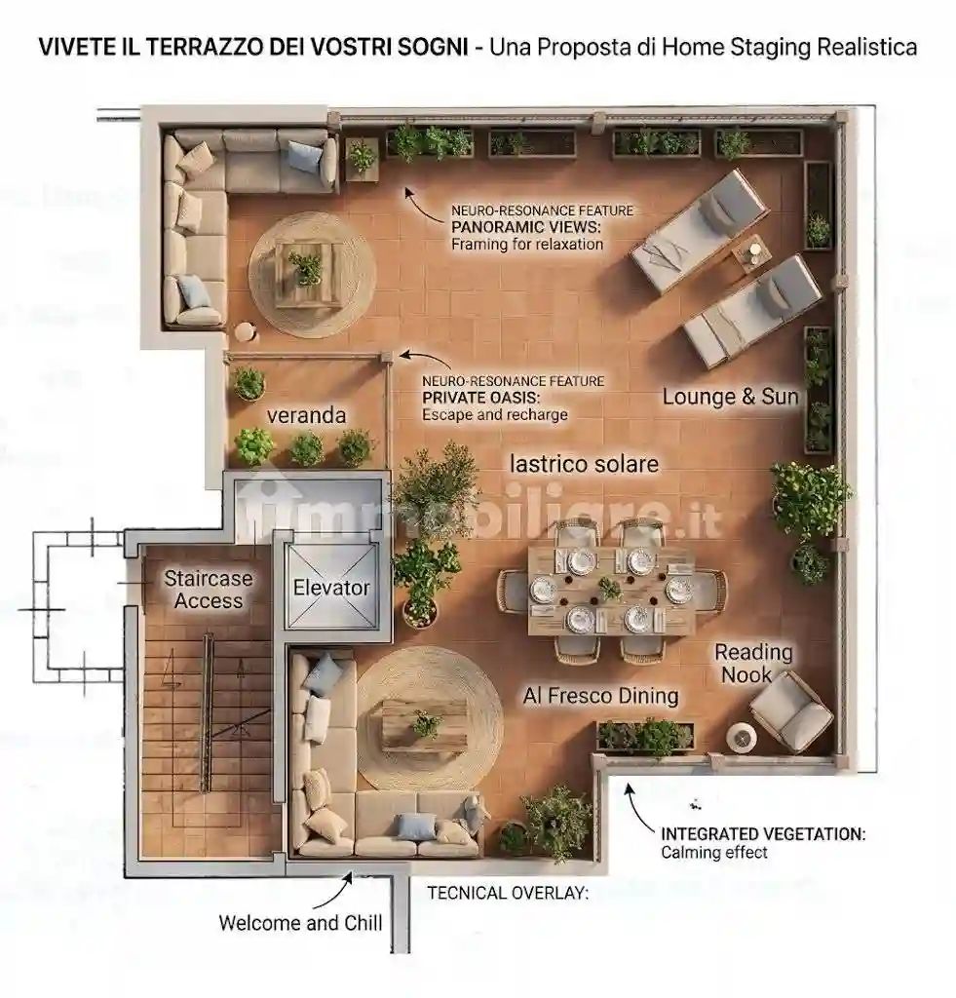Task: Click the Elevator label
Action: pos(331,588)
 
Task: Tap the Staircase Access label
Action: pos(209,590)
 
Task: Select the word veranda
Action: pos(306,415)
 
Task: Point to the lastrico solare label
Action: pos(585,464)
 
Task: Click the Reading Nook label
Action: pos(753,663)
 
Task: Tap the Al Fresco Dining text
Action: pos(601,696)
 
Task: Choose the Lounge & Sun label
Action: pos(730,397)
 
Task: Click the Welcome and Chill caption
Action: pos(300,923)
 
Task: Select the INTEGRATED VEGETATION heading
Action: pos(763,834)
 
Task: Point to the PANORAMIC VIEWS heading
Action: pos(525,227)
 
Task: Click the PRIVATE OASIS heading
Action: pos(481,398)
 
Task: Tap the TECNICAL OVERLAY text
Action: pos(508,893)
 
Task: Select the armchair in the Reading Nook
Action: pos(791,712)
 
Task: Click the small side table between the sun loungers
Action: pos(751,252)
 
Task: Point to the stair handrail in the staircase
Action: pos(207,712)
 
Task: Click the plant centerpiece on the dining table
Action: pos(610,589)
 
